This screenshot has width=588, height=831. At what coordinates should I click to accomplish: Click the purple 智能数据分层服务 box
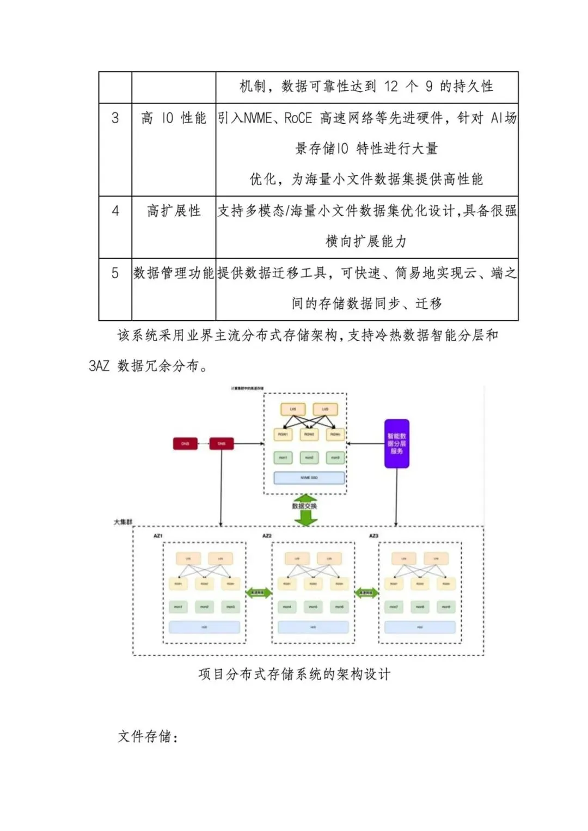coord(396,444)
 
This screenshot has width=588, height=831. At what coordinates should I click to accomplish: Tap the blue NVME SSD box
coord(309,478)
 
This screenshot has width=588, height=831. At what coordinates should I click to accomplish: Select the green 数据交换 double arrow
coord(305,510)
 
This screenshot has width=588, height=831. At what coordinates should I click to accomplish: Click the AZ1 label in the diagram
coord(158,536)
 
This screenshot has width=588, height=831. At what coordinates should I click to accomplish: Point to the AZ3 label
coord(373,536)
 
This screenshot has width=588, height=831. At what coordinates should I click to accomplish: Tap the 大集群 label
coord(122,522)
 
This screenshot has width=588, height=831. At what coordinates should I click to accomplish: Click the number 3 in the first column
coord(115,118)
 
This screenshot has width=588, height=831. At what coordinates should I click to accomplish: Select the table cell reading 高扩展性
coord(174,211)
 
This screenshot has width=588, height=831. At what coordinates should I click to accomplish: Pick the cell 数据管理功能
coord(174,273)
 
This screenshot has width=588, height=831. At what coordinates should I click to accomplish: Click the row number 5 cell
coord(115,273)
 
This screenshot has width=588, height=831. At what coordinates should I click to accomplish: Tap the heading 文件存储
coord(148,737)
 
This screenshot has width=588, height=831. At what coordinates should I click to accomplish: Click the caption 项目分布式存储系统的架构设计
coord(294,674)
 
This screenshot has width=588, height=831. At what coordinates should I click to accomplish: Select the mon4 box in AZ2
coord(287,607)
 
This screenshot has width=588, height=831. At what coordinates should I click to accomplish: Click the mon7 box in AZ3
coord(394,607)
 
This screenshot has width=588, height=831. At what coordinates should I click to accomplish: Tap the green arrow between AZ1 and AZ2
coord(259,593)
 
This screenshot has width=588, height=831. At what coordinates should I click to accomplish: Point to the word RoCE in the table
coord(298,118)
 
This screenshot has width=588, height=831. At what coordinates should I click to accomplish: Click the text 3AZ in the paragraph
coord(99,366)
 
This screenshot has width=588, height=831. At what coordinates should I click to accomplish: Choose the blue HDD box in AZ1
coord(204,627)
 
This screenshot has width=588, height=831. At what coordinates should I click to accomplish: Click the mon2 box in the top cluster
coord(309,458)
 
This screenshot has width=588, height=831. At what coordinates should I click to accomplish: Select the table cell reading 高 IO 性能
coord(174,118)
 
